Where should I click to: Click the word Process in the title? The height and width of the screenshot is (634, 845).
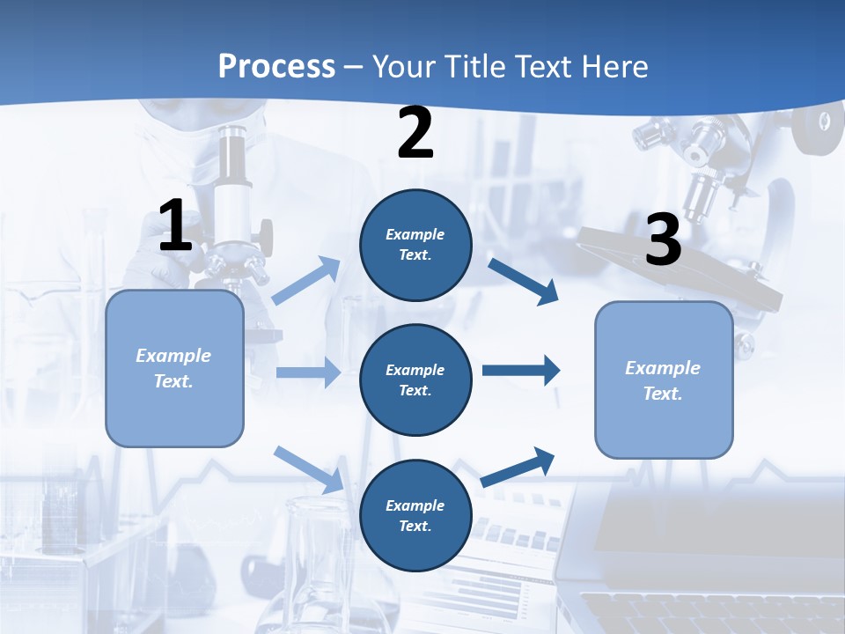[x=276, y=66]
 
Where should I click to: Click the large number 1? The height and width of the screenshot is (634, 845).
[x=175, y=225]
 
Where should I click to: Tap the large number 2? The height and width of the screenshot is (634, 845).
[x=415, y=133]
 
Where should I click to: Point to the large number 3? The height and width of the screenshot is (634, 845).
[x=663, y=240]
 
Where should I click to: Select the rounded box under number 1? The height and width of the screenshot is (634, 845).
[x=174, y=368]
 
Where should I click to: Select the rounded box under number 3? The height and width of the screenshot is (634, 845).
[x=664, y=380]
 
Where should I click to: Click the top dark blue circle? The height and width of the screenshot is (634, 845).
[x=415, y=245]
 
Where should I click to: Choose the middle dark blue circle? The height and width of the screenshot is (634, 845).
[x=415, y=380]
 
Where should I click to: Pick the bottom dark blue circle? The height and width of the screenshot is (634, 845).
[x=415, y=515]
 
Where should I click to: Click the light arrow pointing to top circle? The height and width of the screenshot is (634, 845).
[x=306, y=281]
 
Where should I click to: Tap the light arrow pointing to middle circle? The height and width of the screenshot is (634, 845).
[x=307, y=372]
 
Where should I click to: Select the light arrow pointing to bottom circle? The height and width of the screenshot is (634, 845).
[x=308, y=469]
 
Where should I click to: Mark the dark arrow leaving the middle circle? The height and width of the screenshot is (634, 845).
[x=520, y=370]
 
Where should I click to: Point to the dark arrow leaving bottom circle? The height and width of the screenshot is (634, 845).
[x=518, y=467]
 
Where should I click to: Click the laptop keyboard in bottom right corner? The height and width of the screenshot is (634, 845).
[x=704, y=612]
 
